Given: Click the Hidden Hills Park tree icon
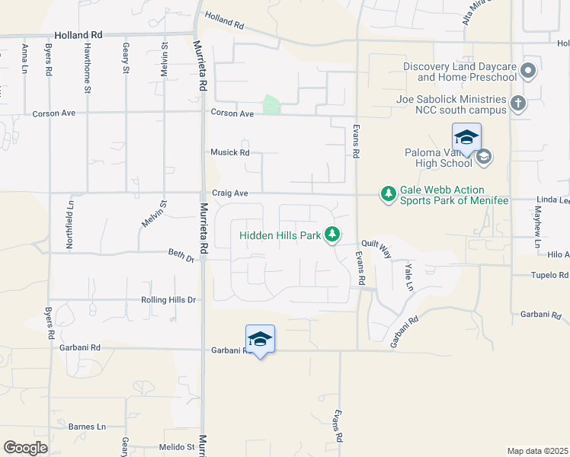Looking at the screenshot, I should tap(331, 235).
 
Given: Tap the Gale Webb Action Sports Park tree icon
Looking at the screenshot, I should tap(389, 194).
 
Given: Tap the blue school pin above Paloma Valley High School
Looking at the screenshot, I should tap(466, 138).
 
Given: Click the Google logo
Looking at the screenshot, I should tap(25, 447).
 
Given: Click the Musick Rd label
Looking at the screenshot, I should tap(229, 152).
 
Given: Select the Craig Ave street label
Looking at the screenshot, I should tap(229, 193).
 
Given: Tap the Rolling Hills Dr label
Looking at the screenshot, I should tap(168, 300).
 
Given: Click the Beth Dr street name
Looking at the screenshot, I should tap(181, 257).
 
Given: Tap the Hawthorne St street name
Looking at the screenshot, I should tap(88, 68).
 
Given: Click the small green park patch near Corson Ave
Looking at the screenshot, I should tap(271, 105).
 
